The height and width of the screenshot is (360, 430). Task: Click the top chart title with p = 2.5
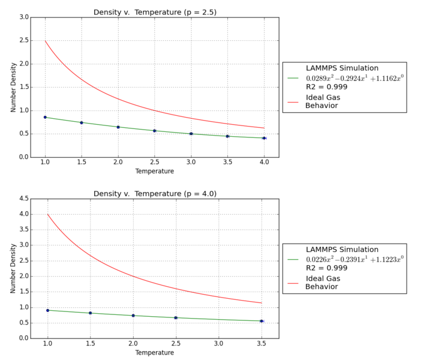[155, 12]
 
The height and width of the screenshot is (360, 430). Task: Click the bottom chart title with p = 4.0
[155, 193]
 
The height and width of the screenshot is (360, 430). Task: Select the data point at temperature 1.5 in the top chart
[82, 122]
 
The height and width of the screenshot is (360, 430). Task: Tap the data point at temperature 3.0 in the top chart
[191, 133]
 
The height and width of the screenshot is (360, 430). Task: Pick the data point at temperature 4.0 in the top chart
[264, 138]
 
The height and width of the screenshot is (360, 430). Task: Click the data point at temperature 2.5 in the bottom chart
[176, 317]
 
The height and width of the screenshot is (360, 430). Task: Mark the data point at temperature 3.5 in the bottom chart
[261, 321]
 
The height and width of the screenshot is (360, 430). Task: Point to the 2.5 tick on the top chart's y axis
[24, 40]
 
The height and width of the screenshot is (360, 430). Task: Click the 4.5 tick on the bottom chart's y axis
[24, 199]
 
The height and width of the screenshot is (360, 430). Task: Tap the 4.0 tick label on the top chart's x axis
[264, 163]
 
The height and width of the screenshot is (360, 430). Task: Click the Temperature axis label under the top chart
[155, 171]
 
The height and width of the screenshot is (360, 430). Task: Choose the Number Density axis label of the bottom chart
[13, 268]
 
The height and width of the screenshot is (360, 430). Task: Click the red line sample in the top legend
[293, 101]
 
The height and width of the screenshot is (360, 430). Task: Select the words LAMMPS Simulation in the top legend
[342, 68]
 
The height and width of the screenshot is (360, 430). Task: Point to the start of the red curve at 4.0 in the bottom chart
[48, 214]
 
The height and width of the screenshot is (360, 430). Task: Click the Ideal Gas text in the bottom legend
[323, 278]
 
